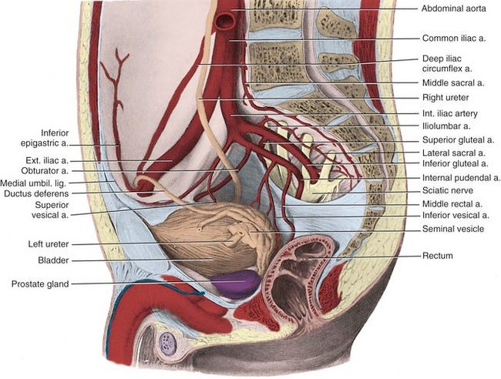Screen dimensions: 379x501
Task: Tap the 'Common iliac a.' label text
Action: [x=454, y=37]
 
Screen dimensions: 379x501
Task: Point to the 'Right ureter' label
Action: [x=446, y=98]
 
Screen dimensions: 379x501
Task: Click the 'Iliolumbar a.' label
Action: [x=446, y=126]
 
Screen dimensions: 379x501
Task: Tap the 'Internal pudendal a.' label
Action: [x=461, y=177]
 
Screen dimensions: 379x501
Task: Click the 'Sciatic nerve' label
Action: [x=446, y=190]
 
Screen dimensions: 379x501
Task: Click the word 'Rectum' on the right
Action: [x=438, y=255]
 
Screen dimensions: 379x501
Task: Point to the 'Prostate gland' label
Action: [x=40, y=284]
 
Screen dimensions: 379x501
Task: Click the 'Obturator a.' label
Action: [x=48, y=170]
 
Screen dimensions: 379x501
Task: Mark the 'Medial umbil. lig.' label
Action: [x=37, y=183]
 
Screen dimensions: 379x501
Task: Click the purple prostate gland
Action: [x=235, y=283]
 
